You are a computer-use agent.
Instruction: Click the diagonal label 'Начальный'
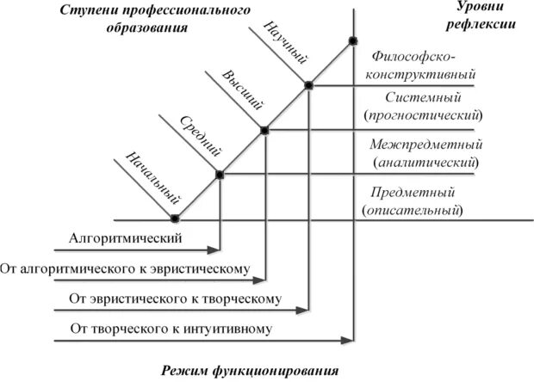(x=146, y=174)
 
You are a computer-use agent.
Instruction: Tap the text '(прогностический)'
(x=424, y=114)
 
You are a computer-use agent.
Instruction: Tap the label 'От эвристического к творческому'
(x=174, y=299)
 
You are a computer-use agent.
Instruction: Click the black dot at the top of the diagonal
(x=352, y=40)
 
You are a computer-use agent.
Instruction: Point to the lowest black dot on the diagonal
(x=175, y=218)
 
